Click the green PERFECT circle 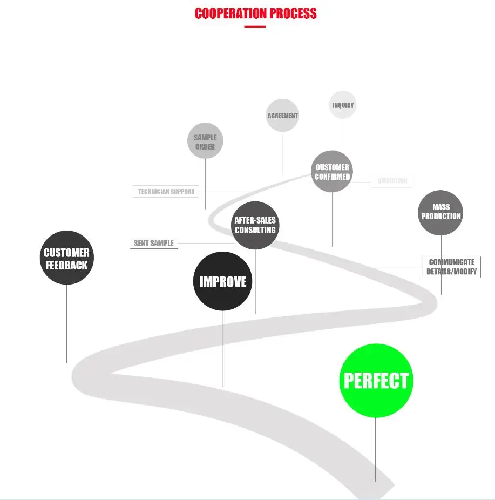376,381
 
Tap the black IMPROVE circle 223,281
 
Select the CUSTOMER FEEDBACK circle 67,258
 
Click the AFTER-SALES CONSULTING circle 255,225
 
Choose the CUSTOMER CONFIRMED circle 332,172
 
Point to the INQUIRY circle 343,105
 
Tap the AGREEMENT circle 282,116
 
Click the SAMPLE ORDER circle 205,141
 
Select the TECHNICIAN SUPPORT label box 166,192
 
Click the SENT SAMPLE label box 154,243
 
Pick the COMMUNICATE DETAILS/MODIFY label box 451,267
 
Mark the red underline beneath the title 255,26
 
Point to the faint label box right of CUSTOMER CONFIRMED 392,181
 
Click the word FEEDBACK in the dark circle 67,265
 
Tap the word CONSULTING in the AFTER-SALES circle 255,230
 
